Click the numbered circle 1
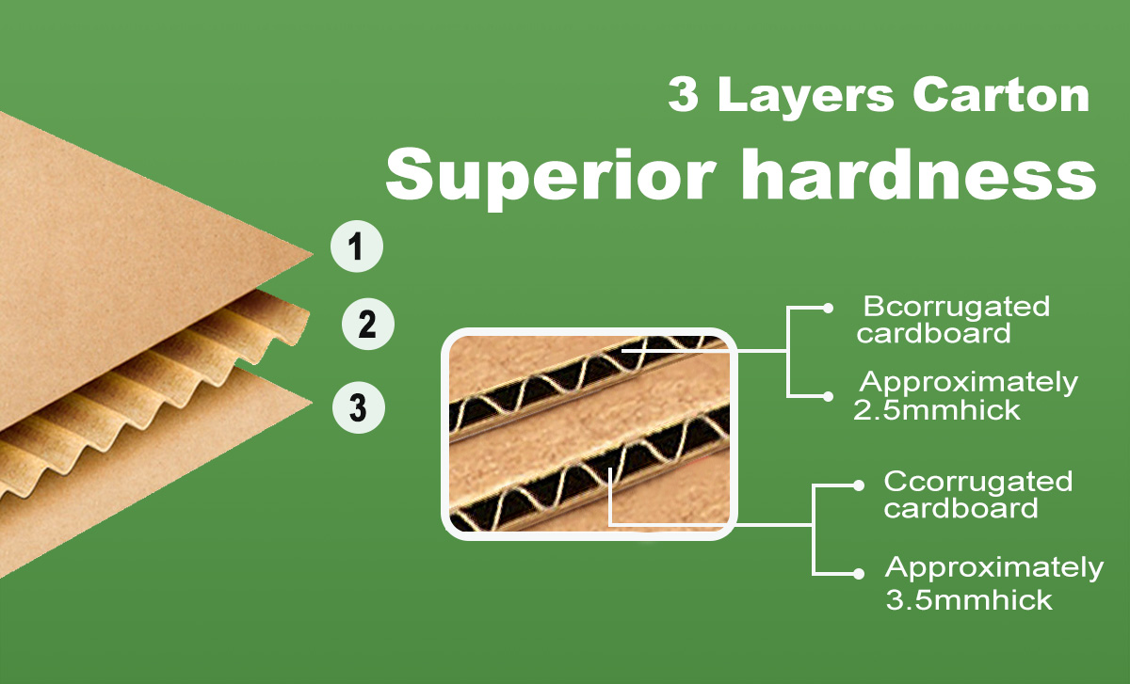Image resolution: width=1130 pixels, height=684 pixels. (x=357, y=247)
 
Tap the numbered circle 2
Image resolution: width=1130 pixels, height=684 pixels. (x=368, y=324)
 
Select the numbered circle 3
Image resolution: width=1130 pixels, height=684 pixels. (x=358, y=407)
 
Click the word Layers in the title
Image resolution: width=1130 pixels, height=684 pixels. (x=806, y=97)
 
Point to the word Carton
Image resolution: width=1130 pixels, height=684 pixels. (x=1001, y=95)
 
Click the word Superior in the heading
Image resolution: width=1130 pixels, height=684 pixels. (x=551, y=177)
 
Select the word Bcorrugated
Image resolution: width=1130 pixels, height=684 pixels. (x=957, y=306)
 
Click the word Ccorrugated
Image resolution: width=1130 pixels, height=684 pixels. (x=978, y=481)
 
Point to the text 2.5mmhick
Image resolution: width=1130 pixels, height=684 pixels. (x=937, y=410)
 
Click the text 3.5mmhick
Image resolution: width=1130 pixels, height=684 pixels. (x=969, y=600)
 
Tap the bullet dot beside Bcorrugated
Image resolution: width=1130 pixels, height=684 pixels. (x=828, y=309)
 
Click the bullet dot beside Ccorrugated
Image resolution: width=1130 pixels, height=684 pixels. (x=859, y=485)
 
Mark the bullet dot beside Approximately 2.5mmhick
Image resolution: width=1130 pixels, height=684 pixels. (x=828, y=397)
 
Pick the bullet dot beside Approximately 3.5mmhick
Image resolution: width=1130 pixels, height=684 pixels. (x=859, y=574)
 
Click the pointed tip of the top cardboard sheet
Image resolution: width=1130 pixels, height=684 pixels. (x=313, y=255)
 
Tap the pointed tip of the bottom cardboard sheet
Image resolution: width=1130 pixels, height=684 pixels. (x=312, y=403)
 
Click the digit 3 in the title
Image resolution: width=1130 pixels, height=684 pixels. (x=684, y=94)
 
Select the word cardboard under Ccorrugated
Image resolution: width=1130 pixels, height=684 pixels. (x=961, y=508)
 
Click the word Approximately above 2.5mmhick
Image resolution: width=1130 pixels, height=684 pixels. (x=969, y=383)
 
